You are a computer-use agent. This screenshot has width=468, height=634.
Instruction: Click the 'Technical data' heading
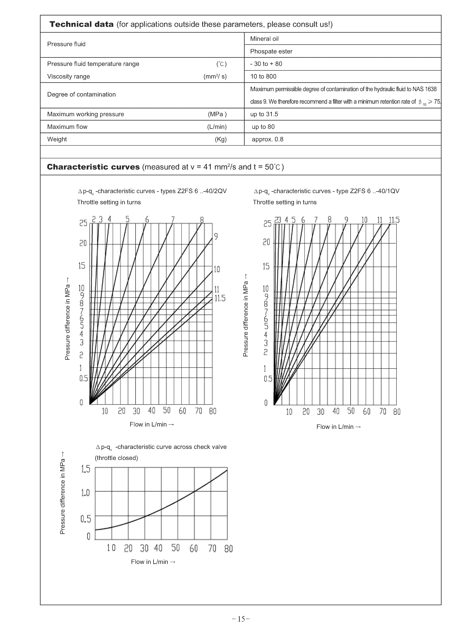(82, 24)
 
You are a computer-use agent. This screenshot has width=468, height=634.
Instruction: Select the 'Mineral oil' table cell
(264, 39)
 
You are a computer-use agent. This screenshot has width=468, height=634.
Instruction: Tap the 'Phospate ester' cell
(271, 51)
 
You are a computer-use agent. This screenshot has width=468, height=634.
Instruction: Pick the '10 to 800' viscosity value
(263, 76)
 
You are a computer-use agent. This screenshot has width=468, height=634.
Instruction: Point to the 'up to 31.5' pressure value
(264, 114)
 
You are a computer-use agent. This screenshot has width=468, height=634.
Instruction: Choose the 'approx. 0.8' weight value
(267, 139)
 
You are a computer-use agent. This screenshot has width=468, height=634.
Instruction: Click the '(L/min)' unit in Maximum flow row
(217, 127)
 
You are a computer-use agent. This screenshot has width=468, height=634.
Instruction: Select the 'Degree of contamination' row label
(81, 95)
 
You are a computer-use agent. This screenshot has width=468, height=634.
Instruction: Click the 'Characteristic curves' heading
(93, 167)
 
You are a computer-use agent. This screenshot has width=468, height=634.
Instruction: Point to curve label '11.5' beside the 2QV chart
(220, 298)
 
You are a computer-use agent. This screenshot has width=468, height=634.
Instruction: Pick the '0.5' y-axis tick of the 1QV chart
(268, 379)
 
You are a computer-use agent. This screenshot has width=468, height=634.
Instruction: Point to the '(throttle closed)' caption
(116, 458)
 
